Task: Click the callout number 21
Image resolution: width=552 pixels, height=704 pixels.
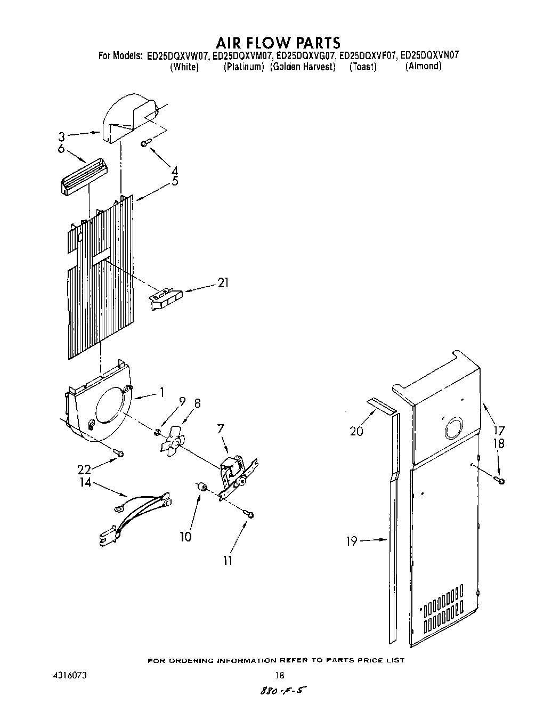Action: pos(223,283)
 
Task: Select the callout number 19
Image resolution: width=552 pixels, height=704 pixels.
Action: pos(351,541)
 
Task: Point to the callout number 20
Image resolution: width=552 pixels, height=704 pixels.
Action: pos(356,431)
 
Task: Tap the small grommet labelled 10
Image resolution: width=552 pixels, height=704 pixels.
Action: pos(202,486)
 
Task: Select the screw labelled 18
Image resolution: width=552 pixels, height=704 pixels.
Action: pos(501,481)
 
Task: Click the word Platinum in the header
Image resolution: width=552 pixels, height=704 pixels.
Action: pos(244,67)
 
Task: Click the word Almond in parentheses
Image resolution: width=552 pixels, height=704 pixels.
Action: pos(424,67)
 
